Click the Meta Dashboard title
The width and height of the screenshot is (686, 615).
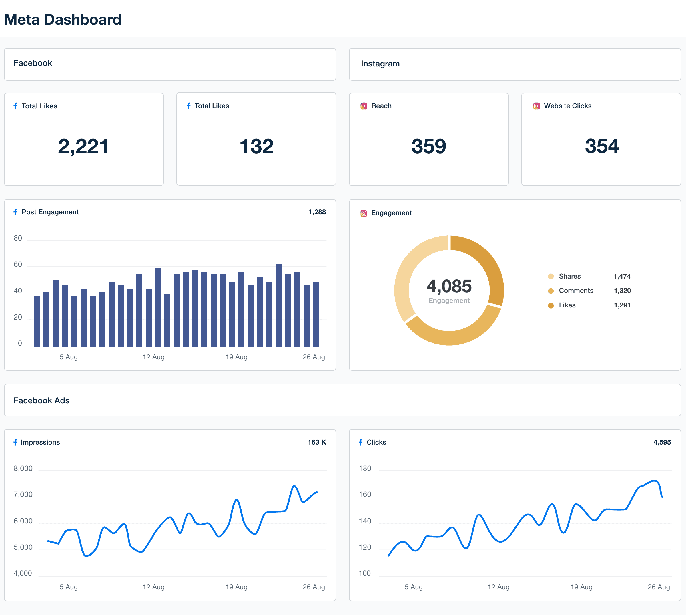63,20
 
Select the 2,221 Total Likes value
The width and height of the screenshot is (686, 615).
83,146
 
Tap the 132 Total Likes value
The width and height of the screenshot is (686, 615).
256,146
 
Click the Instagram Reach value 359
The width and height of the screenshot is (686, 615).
429,146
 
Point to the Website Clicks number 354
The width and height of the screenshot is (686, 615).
602,146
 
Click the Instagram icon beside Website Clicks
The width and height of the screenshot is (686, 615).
536,106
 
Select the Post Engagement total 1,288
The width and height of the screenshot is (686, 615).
317,212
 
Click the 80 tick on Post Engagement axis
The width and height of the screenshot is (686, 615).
18,238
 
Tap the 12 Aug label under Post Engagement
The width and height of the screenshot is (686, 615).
153,357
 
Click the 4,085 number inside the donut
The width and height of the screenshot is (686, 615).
449,286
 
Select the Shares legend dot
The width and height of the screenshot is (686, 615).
551,276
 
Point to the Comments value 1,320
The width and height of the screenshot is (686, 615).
622,291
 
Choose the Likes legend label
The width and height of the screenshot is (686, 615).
567,305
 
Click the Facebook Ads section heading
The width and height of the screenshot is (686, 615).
41,400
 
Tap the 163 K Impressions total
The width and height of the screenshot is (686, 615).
317,442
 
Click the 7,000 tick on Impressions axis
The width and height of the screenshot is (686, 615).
23,495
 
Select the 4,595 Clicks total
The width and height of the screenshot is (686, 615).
662,442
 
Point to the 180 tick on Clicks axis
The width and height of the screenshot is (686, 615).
365,468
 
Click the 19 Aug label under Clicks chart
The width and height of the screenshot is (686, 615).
581,587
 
